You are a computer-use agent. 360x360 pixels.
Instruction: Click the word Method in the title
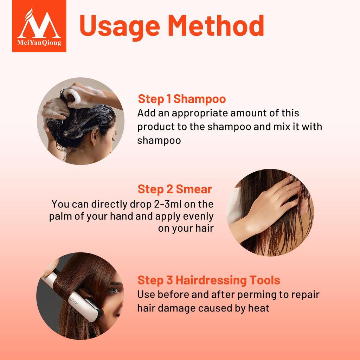tap(216, 25)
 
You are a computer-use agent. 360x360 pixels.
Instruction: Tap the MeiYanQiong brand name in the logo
tap(39, 43)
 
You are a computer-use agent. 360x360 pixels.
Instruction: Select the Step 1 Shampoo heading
tap(182, 99)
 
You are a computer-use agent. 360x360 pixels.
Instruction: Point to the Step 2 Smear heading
tap(175, 189)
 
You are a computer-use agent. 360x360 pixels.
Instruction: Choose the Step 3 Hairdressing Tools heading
tap(209, 280)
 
